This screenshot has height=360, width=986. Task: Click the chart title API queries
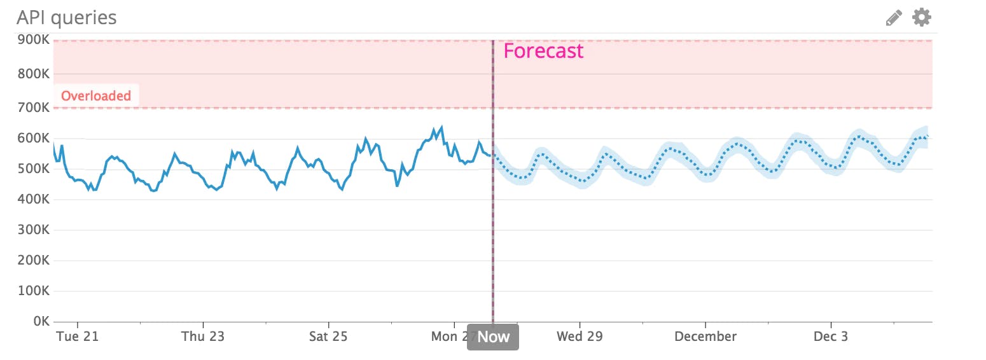pos(66,17)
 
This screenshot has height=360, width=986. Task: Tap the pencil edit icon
pos(894,18)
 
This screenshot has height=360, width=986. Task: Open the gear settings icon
pos(921,17)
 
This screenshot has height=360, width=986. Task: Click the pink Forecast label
pos(543,51)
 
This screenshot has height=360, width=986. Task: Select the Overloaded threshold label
pos(96,96)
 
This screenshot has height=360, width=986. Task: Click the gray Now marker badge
pos(493,337)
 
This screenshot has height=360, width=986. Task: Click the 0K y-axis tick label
pos(39,321)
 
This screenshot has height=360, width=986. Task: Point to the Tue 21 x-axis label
pos(77,336)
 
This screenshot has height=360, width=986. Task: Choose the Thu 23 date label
pos(203,336)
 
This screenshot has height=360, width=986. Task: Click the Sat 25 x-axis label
pos(328,336)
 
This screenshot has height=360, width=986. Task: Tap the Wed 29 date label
pos(580,336)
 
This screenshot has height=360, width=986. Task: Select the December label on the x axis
pos(705,336)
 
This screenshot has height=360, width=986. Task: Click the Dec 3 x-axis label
pos(831,336)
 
